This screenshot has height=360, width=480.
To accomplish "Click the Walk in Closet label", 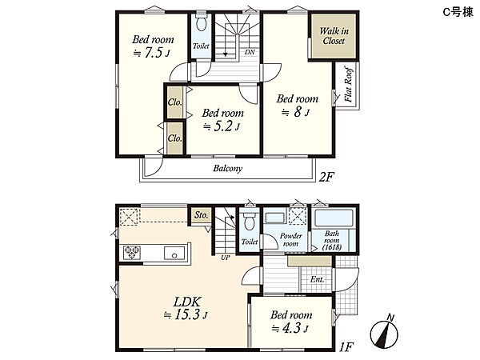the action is (x=334, y=36).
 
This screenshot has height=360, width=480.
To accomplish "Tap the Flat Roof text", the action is (x=348, y=84).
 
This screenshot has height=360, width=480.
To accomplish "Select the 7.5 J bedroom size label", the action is (x=152, y=53).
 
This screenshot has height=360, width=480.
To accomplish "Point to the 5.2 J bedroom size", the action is (x=222, y=126).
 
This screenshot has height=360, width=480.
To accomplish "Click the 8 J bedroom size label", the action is (x=295, y=112).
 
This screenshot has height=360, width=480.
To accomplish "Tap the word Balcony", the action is (x=228, y=168).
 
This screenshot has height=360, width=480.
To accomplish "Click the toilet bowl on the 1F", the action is (x=249, y=222).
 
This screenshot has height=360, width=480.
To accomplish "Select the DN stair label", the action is (x=250, y=52).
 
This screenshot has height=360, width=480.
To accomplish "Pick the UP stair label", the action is (x=226, y=258).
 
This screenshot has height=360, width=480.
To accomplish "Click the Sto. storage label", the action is (x=202, y=215).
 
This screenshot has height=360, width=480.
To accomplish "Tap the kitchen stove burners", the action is (x=132, y=253).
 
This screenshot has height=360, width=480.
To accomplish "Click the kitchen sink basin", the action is (x=174, y=253).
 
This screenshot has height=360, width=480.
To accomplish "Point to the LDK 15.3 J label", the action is (x=186, y=308).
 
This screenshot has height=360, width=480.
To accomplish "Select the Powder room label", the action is (x=291, y=240).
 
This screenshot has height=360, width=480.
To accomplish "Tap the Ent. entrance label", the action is (x=317, y=279).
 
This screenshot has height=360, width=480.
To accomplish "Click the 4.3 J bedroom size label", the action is (x=290, y=328).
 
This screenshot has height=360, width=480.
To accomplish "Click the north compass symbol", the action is (x=385, y=332).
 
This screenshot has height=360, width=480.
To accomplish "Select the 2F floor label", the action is (x=326, y=177).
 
